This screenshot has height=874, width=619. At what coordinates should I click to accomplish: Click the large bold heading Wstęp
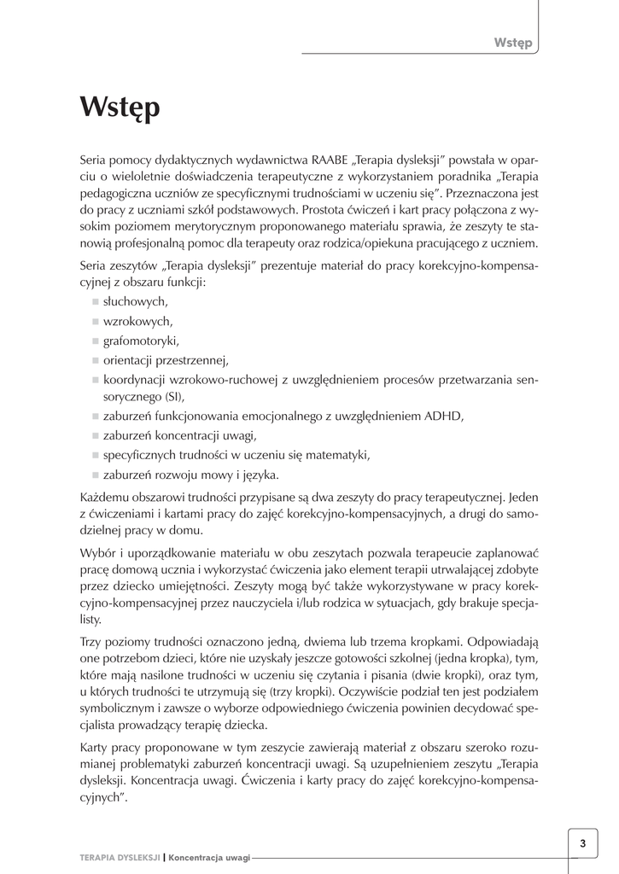[120, 108]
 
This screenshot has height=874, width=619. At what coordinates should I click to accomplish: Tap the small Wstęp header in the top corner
[512, 43]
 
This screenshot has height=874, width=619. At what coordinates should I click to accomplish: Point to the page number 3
[582, 844]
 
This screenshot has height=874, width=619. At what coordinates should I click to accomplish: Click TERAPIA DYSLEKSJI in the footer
[120, 858]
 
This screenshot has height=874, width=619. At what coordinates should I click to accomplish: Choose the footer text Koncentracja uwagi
[209, 858]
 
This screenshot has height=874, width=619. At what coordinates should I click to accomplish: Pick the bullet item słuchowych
[135, 302]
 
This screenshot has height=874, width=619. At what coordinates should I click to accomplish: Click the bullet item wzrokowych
[137, 322]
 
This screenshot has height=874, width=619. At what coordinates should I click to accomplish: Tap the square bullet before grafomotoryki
[95, 341]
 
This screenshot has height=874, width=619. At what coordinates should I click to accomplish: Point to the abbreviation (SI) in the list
[171, 397]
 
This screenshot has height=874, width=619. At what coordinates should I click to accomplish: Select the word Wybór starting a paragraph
[98, 553]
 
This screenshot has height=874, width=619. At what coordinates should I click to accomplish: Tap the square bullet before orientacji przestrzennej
[95, 360]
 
